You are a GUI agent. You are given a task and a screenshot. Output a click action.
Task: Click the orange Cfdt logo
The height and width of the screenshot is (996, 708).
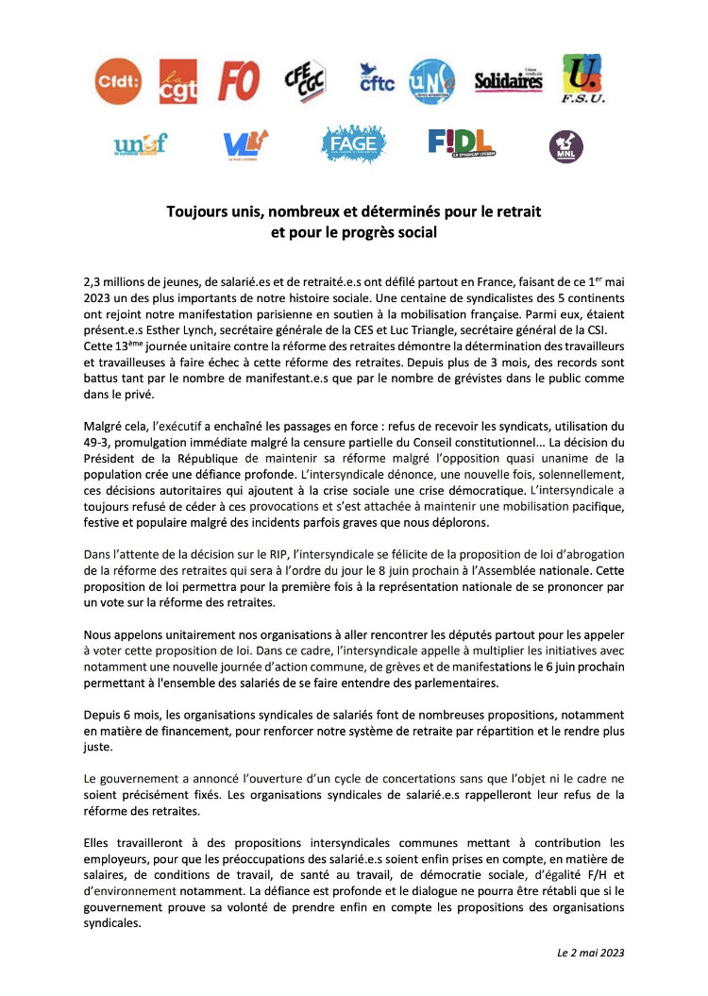(118, 82)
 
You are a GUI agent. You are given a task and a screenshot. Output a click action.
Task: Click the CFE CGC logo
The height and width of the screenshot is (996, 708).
(304, 80)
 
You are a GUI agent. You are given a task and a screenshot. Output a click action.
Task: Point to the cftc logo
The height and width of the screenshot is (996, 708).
(377, 79)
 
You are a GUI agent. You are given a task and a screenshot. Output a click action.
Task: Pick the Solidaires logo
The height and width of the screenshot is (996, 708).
(508, 81)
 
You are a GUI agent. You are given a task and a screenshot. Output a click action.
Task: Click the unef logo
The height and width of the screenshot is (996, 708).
(140, 144)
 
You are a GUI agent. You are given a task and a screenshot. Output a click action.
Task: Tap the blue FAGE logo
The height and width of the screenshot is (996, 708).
(353, 143)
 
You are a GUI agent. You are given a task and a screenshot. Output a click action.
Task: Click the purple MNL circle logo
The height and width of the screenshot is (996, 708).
(566, 146)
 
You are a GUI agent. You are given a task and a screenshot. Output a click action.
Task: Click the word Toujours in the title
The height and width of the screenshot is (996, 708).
(197, 211)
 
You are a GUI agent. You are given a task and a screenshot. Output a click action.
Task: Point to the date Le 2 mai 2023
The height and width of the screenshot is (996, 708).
(589, 953)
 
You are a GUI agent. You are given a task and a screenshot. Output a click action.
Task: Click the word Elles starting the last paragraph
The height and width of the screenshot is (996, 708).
(99, 840)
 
